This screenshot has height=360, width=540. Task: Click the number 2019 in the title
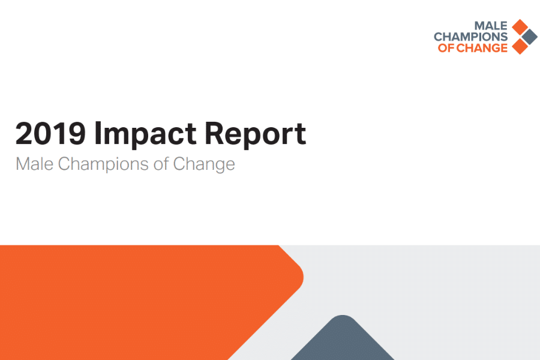50,133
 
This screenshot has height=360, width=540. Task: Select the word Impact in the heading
145,134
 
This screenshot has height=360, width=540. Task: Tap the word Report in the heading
256,134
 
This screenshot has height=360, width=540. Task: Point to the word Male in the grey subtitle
34,164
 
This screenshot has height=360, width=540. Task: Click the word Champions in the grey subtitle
103,164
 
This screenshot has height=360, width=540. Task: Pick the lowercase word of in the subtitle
161,164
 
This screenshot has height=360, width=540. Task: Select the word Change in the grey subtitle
204,164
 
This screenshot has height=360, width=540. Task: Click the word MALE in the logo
491,25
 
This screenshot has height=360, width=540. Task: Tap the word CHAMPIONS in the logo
471,37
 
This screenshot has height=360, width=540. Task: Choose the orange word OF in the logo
446,48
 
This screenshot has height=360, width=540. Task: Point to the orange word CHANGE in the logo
482,48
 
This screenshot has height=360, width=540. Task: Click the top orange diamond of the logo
520,27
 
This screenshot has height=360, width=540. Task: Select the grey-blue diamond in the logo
529,37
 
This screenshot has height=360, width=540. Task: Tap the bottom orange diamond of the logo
520,47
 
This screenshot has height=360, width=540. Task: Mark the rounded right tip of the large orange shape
303,277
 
